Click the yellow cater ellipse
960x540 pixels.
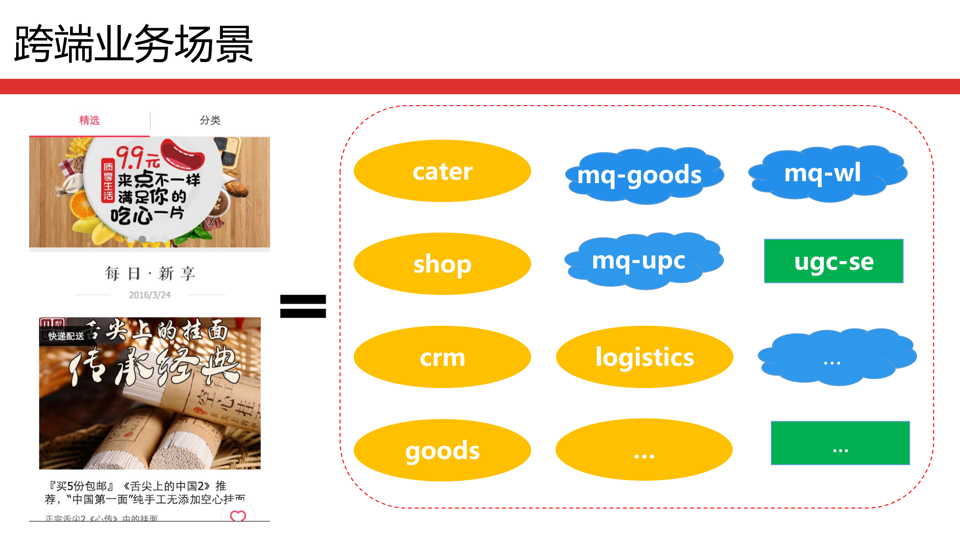point(442,171)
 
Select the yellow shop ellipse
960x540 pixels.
point(442,264)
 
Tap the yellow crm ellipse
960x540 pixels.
point(442,357)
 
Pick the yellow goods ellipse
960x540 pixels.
point(442,450)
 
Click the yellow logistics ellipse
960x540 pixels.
point(644,357)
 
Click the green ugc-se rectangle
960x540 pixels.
point(834,261)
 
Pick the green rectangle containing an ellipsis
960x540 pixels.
point(840,443)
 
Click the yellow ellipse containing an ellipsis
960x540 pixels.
point(644,450)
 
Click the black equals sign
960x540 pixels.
point(303,306)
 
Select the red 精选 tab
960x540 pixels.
point(89,120)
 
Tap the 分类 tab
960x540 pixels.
point(210,120)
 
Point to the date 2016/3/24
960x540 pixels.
point(150,295)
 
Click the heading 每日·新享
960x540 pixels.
point(150,274)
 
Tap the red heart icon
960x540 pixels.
point(238,516)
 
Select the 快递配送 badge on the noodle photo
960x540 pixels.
point(66,336)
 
